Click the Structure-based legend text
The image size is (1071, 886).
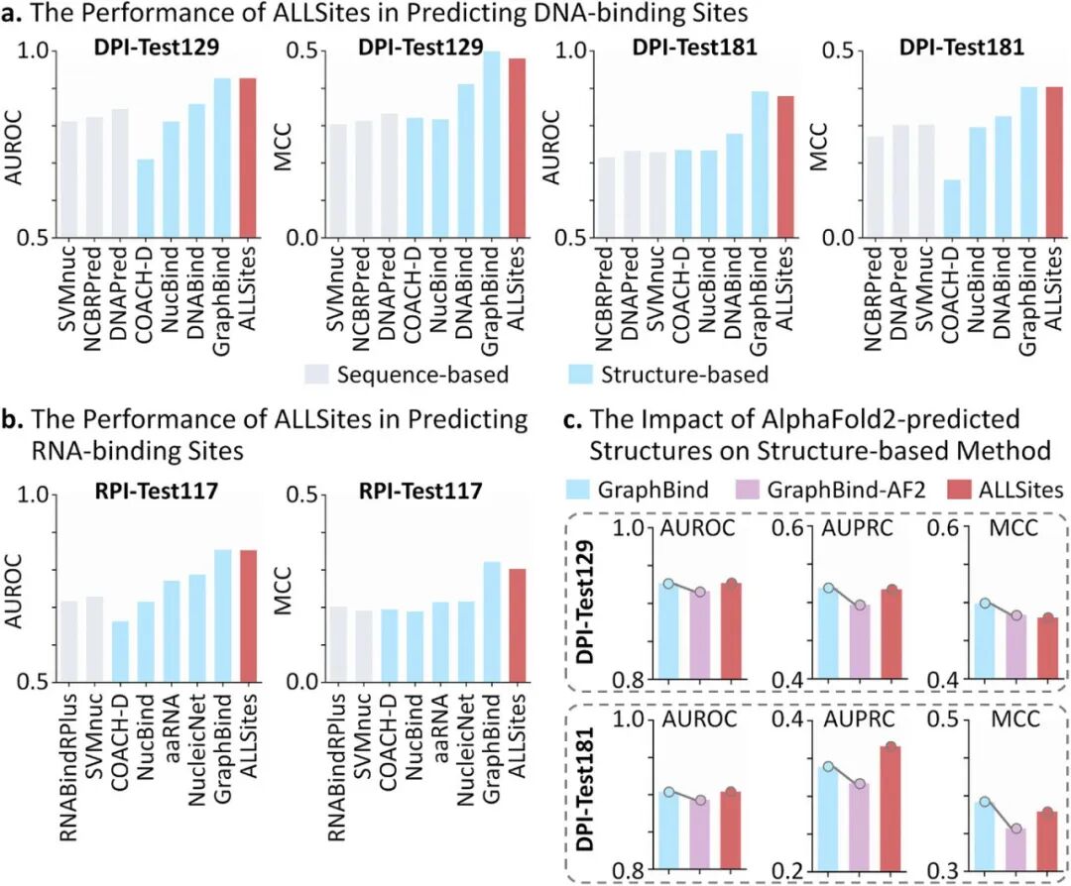tap(677, 375)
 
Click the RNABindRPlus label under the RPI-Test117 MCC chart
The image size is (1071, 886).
tap(337, 757)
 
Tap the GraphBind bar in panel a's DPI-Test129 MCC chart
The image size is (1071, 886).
tap(490, 145)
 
